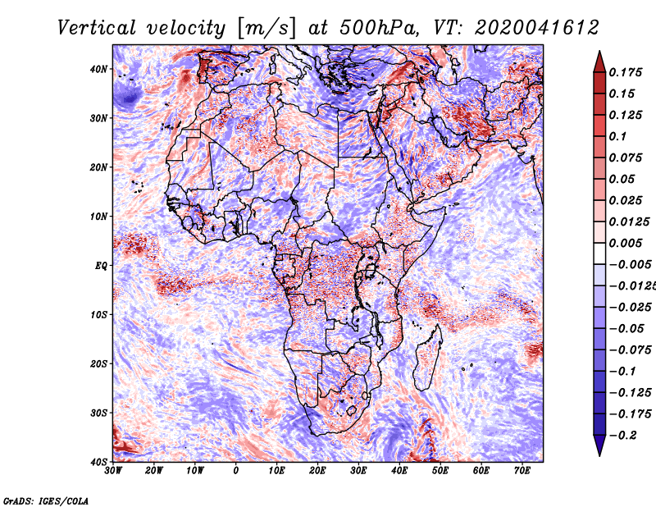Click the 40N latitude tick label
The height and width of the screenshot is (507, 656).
pos(98,69)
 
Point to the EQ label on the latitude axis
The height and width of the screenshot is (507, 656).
pos(101,266)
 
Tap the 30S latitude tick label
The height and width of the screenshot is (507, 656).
pos(98,413)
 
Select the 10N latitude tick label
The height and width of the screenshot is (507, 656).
pos(98,217)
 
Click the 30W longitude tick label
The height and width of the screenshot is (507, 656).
pos(113,471)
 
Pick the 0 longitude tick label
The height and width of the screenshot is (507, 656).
pos(236,471)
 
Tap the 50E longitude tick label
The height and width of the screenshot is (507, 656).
pos(440,471)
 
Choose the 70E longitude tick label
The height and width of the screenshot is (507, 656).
pos(522,471)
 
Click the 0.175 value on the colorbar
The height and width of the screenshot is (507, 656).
pos(626,72)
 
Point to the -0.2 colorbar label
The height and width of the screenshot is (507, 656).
pos(623,436)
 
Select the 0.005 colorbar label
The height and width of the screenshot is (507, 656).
pos(626,243)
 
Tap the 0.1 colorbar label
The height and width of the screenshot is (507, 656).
pos(618,136)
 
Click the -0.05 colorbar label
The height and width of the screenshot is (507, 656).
pos(626,329)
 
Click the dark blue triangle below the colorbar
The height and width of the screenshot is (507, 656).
pos(599,445)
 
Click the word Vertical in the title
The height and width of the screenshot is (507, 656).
pos(97,28)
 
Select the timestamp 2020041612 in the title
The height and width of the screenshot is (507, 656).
pos(537,28)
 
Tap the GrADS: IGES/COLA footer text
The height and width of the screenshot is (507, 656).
pos(46,500)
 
